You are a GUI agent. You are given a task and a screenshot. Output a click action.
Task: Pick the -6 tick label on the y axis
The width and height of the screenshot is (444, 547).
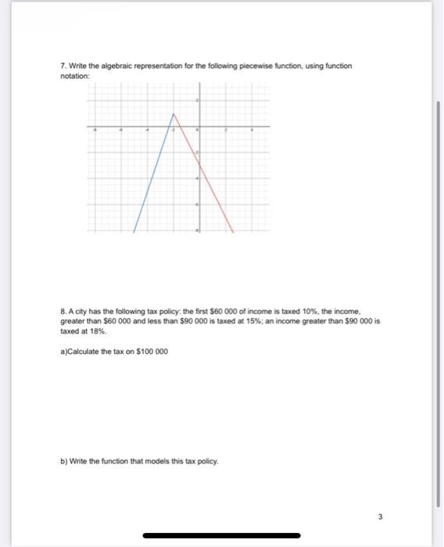[198, 204]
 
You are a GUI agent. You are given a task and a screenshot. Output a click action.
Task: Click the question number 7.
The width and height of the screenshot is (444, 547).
[63, 66]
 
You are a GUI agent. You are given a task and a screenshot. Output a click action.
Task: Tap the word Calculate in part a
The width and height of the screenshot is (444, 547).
[84, 350]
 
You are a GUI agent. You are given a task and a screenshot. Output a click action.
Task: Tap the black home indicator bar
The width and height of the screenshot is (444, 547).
[222, 536]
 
